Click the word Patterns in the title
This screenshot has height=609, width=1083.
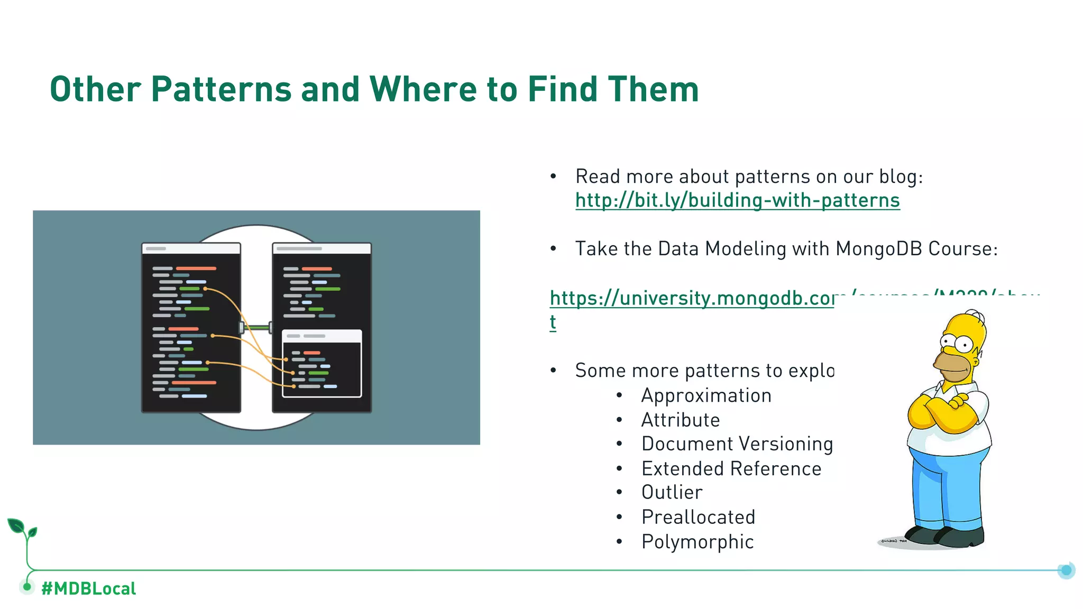(x=221, y=89)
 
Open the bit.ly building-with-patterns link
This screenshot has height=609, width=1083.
(x=737, y=200)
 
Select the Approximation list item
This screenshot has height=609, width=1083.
(x=706, y=395)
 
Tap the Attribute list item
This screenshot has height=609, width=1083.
(x=681, y=420)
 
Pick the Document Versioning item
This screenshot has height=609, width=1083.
(x=737, y=444)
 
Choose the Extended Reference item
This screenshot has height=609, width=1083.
(x=731, y=468)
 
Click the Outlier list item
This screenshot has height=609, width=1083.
(x=672, y=493)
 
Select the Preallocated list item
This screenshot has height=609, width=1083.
(x=698, y=517)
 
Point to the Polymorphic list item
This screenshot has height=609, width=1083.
(x=697, y=542)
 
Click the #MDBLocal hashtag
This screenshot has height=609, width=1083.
(x=88, y=588)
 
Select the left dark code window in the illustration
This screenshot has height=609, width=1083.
(x=191, y=328)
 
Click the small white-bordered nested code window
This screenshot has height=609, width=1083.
(x=322, y=364)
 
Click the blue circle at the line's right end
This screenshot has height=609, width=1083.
(x=1066, y=570)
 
